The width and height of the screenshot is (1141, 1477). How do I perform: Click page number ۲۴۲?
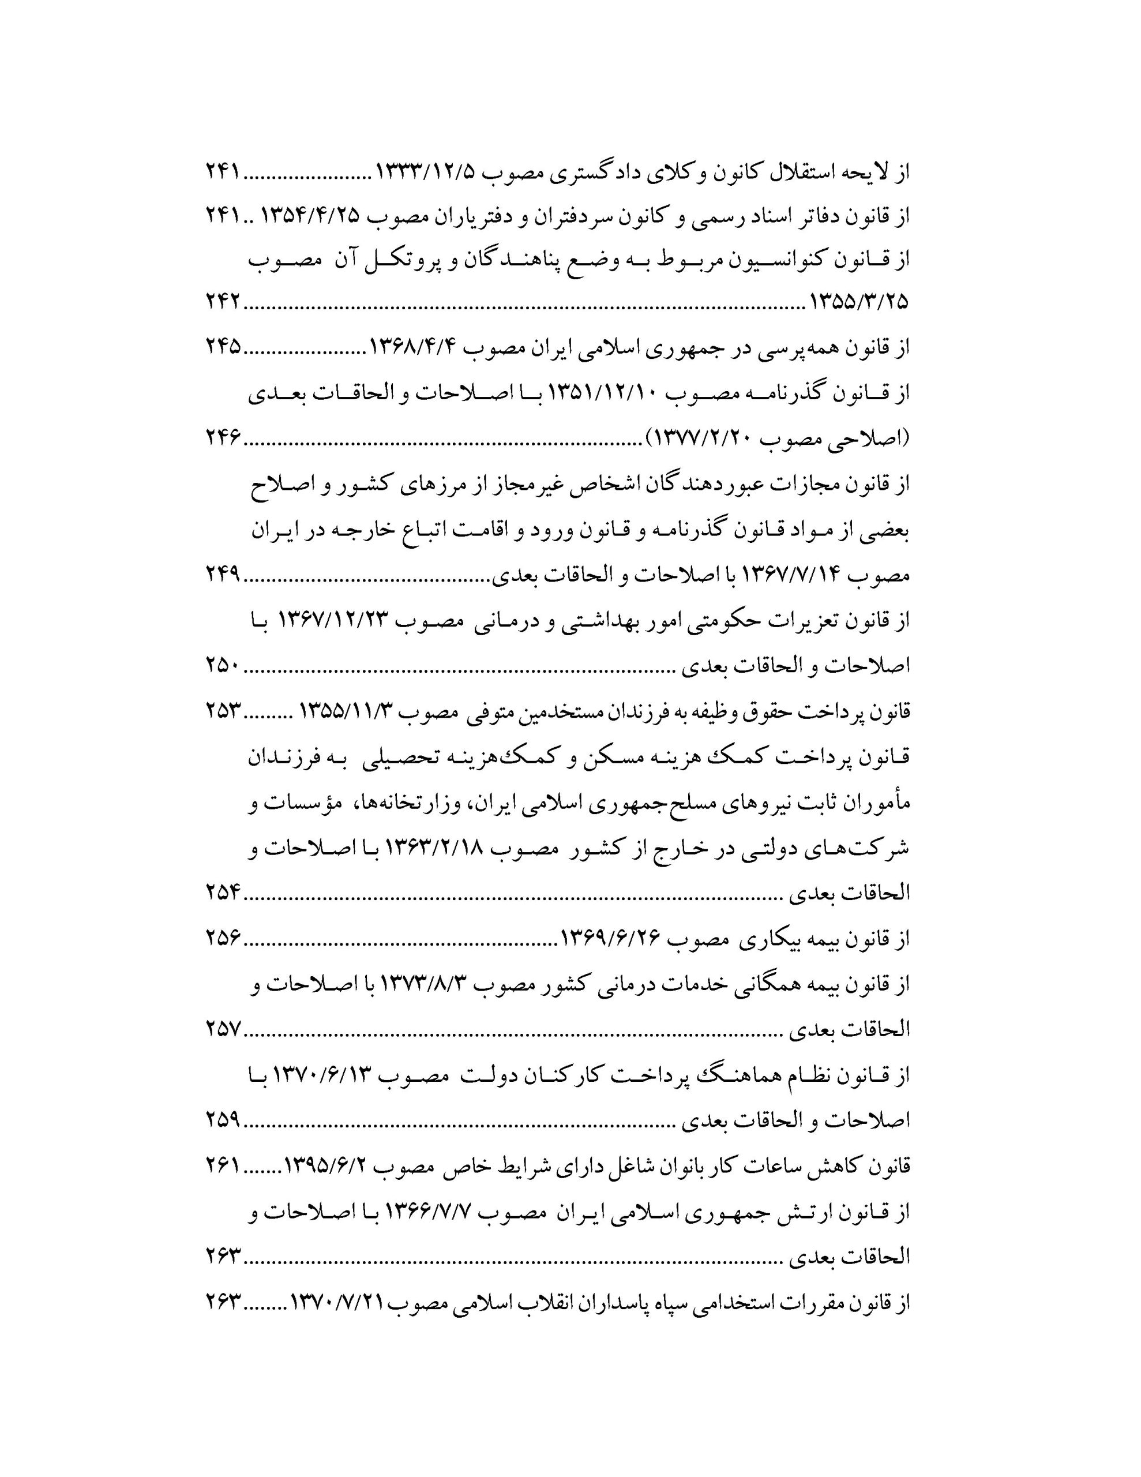pos(223,301)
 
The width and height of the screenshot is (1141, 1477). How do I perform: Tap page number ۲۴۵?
pos(223,347)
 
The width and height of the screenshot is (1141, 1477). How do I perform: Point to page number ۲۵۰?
pos(223,666)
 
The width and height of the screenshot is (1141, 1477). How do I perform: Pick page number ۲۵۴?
pos(223,893)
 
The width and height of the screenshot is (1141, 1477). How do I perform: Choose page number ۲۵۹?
pos(223,1120)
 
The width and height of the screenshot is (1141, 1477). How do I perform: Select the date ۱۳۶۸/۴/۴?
pos(413,347)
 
